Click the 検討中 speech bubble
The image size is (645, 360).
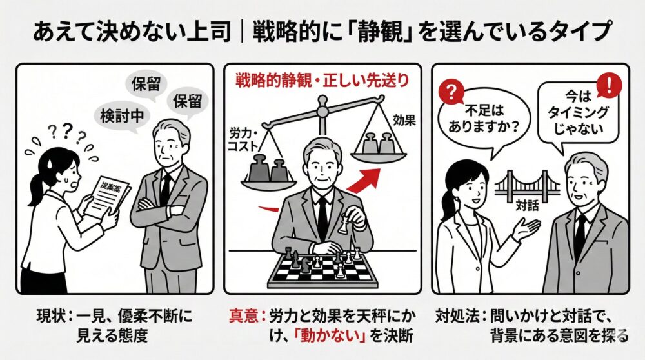pyautogui.click(x=120, y=117)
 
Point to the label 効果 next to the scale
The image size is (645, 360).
pyautogui.click(x=402, y=119)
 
